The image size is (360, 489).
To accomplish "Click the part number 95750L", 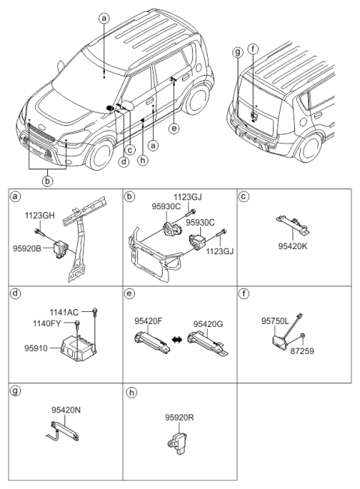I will coord(276,319).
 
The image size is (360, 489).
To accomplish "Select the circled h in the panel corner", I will coord(131,392).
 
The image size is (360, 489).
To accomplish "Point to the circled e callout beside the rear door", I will coord(174,128).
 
